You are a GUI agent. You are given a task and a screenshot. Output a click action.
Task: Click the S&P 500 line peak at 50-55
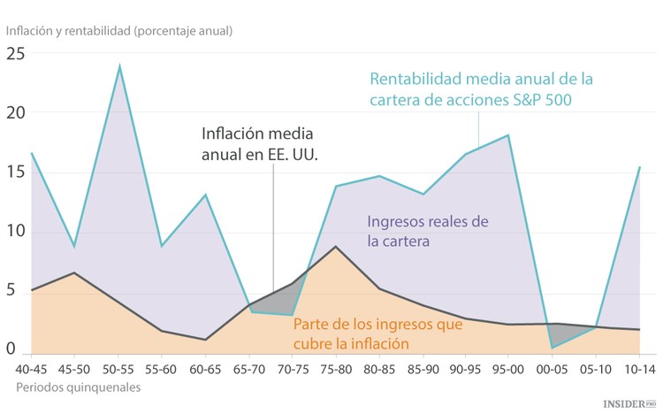tap(119, 65)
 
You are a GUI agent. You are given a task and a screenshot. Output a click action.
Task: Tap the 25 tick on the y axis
tap(16, 54)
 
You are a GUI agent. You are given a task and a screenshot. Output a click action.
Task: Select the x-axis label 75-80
tap(335, 367)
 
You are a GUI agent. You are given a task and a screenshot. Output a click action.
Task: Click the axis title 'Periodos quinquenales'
tap(77, 387)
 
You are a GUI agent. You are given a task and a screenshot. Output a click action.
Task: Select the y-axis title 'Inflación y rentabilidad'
tap(119, 30)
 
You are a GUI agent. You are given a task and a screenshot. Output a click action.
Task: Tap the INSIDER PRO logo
tap(629, 402)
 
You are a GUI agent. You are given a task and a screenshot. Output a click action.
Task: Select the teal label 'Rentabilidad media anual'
tap(481, 89)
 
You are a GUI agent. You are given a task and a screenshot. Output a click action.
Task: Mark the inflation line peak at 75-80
tap(335, 247)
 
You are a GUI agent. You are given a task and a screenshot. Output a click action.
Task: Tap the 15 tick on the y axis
tap(16, 172)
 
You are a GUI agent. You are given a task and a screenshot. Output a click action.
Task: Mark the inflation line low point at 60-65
tap(205, 340)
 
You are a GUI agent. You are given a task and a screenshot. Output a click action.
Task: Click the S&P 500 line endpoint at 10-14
tap(639, 167)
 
